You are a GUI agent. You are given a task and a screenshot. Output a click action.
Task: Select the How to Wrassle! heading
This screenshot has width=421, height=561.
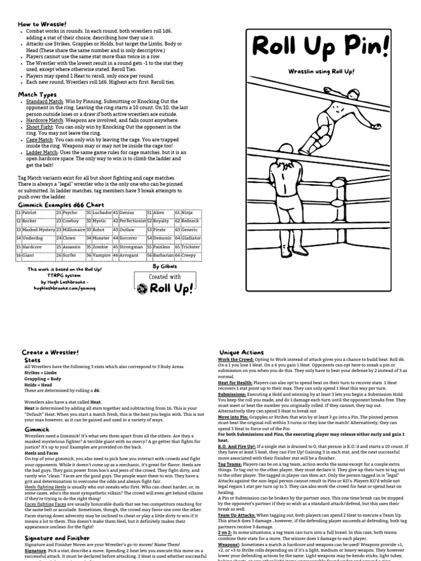click(x=42, y=25)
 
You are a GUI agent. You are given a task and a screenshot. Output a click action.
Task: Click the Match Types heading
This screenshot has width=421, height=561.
click(x=37, y=95)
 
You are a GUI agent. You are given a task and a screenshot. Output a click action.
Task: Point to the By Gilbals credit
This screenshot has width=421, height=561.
click(x=166, y=267)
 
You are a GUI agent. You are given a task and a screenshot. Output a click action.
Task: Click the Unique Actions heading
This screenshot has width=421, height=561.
click(x=241, y=352)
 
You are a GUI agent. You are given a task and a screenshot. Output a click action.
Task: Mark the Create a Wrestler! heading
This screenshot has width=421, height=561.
click(x=50, y=352)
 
